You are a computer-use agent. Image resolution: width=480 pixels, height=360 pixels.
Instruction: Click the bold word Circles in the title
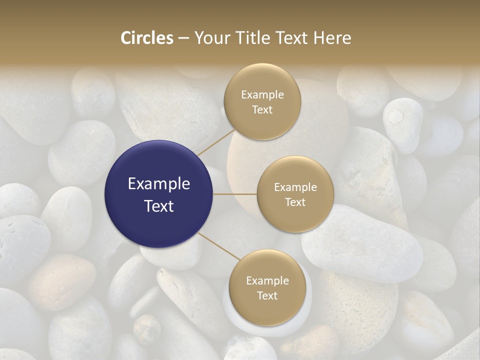pyautogui.click(x=146, y=38)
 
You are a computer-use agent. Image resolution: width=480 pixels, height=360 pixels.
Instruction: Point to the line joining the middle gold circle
pyautogui.click(x=235, y=194)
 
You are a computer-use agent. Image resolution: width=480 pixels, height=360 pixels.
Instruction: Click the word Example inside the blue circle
pyautogui.click(x=159, y=184)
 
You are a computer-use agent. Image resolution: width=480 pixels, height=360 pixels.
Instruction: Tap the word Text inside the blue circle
pyautogui.click(x=159, y=206)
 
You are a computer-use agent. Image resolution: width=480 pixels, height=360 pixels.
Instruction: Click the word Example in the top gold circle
pyautogui.click(x=262, y=95)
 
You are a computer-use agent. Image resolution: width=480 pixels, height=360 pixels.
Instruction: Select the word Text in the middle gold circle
pyautogui.click(x=295, y=202)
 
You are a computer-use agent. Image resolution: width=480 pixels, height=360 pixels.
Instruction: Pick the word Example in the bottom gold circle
pyautogui.click(x=267, y=281)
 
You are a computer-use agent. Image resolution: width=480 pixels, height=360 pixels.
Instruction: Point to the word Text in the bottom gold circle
pyautogui.click(x=267, y=295)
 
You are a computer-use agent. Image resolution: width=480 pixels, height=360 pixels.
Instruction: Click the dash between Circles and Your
pyautogui.click(x=183, y=38)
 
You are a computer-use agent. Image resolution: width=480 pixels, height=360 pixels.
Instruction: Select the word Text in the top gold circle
pyautogui.click(x=262, y=109)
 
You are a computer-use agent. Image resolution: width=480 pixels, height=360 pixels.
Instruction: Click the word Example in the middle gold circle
pyautogui.click(x=295, y=187)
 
